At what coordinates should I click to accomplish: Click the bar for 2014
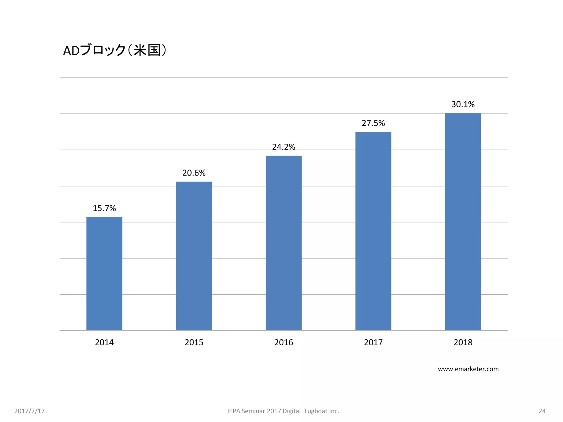click(104, 273)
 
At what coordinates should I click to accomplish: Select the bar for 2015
click(194, 256)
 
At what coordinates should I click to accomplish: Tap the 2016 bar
click(283, 243)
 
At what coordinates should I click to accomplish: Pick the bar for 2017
click(373, 231)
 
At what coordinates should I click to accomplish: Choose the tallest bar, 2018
click(463, 221)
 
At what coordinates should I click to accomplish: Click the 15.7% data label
click(104, 208)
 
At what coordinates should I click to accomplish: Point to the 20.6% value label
click(194, 173)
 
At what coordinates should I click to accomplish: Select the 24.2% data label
click(283, 147)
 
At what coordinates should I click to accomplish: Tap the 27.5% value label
click(373, 123)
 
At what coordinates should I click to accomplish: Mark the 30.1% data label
click(463, 104)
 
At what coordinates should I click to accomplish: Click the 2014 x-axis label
click(104, 342)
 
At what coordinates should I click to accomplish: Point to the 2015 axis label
click(194, 342)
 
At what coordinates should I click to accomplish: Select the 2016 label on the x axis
click(283, 342)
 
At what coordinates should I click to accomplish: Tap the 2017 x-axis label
click(373, 342)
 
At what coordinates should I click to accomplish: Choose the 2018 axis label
click(463, 342)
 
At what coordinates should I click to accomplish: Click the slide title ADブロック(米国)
click(115, 50)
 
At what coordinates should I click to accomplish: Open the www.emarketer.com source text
click(468, 369)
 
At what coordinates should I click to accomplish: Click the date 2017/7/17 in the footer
click(29, 411)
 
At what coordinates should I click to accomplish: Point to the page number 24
click(542, 411)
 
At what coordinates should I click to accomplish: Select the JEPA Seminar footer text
click(283, 411)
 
